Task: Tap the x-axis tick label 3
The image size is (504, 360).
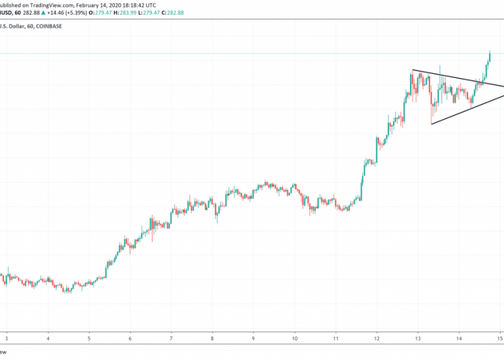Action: click(7, 339)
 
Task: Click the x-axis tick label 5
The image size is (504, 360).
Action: click(89, 339)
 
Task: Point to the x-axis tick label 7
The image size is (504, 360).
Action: click(171, 339)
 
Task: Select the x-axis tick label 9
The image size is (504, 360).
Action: click(253, 339)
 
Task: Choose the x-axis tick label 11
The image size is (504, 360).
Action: click(335, 339)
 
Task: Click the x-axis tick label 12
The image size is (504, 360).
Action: click(377, 339)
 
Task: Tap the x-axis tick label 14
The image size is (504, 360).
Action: click(460, 339)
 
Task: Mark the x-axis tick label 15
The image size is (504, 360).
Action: click(500, 339)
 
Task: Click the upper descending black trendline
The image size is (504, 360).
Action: click(457, 78)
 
